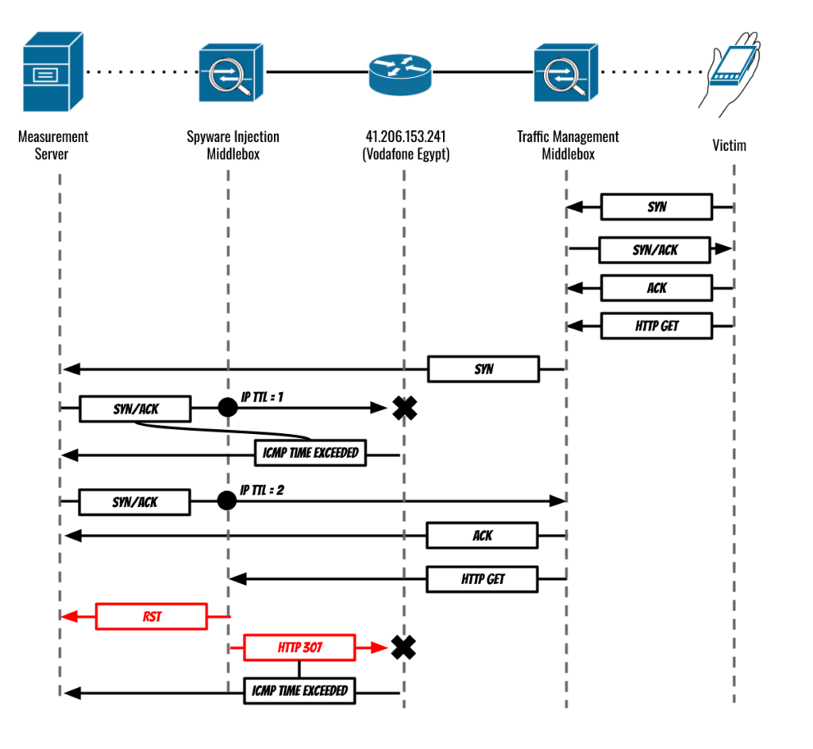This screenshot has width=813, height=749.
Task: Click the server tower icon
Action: [x=54, y=73]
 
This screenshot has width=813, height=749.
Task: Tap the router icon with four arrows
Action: [x=400, y=75]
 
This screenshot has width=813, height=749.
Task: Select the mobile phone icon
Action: [x=731, y=71]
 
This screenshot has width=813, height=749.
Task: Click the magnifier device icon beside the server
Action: [x=231, y=72]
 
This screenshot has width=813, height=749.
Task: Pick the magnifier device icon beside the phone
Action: [x=566, y=72]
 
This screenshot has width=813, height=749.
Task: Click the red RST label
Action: [x=152, y=616]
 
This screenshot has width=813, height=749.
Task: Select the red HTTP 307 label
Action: [x=299, y=648]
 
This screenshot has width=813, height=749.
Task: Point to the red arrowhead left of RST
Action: [x=70, y=616]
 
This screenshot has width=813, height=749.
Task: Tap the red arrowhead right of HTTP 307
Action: [x=379, y=648]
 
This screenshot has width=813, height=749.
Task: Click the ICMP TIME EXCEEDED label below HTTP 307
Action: [x=299, y=691]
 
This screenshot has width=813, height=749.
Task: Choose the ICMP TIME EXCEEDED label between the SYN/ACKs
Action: [x=310, y=453]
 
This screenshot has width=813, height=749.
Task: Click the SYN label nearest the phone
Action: [x=657, y=207]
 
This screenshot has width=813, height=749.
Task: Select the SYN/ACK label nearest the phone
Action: [x=655, y=250]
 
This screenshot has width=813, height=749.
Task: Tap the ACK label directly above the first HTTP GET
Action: [x=657, y=288]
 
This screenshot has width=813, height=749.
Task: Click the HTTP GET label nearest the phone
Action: [x=657, y=326]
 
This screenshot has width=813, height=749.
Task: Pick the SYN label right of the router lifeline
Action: [x=484, y=369]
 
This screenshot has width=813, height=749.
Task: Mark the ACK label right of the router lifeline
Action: [x=483, y=536]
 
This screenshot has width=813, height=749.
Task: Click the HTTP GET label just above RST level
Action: [x=483, y=579]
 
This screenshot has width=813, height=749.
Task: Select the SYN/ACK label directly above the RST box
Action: [x=135, y=502]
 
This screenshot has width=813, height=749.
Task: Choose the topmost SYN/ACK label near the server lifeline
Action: [x=136, y=409]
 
